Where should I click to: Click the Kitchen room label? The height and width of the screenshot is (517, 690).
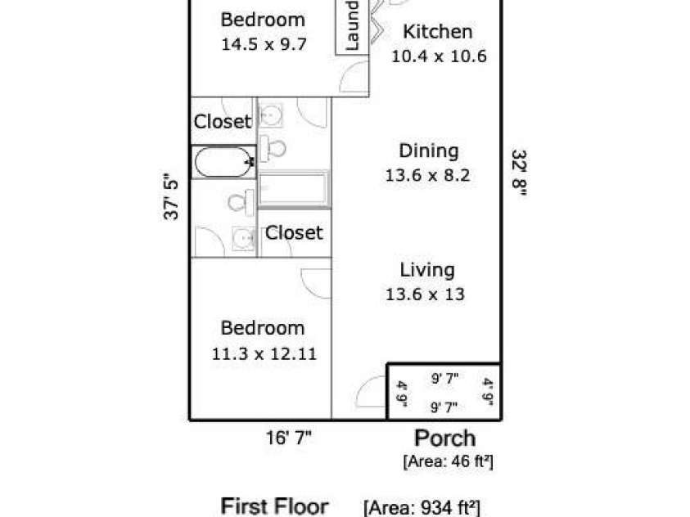(437, 32)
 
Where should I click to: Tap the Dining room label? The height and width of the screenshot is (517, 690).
(429, 151)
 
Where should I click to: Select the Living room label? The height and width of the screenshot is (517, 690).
(426, 270)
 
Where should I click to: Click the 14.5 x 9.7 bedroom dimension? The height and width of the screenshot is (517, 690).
(264, 44)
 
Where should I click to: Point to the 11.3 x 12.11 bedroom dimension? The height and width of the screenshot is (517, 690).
(264, 354)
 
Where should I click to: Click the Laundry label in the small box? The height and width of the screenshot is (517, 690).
(352, 25)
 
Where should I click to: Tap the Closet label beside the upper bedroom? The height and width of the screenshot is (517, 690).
(223, 121)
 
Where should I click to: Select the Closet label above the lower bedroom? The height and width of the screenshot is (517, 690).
(294, 232)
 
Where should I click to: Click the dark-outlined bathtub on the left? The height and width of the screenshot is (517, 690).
(223, 162)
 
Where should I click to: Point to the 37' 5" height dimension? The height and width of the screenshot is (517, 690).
(171, 199)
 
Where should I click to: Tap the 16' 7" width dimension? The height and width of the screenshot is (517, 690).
(289, 438)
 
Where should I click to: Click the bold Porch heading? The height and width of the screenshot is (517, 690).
(445, 438)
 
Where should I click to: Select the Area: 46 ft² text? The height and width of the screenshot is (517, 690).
(448, 461)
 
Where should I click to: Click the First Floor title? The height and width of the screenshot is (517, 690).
(274, 506)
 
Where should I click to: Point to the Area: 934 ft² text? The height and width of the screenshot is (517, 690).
(422, 507)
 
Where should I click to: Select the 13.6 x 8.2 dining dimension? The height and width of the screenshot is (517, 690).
(428, 175)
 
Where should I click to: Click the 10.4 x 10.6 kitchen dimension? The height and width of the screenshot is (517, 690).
(439, 56)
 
